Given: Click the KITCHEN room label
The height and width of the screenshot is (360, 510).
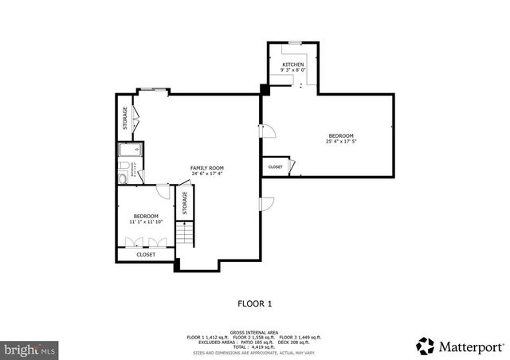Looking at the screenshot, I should pyautogui.click(x=292, y=64).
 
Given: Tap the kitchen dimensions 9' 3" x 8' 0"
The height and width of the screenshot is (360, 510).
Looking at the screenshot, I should pyautogui.click(x=292, y=70).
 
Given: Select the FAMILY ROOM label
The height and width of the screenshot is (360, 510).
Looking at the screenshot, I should pyautogui.click(x=206, y=167).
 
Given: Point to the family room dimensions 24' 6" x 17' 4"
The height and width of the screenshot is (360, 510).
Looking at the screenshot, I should pyautogui.click(x=206, y=174).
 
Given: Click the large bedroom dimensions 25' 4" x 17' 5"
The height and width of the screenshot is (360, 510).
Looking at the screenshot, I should pyautogui.click(x=340, y=142).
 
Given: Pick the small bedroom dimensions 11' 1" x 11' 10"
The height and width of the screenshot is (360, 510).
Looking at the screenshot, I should pyautogui.click(x=145, y=221).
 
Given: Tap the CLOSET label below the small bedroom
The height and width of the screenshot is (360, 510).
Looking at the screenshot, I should pyautogui.click(x=146, y=255).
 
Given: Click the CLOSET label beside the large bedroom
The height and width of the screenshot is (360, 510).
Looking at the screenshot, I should pyautogui.click(x=275, y=166).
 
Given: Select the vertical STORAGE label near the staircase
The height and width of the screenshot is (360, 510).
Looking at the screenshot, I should pyautogui.click(x=185, y=202).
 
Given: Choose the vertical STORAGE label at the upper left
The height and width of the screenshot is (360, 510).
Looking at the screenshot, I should pyautogui.click(x=125, y=119).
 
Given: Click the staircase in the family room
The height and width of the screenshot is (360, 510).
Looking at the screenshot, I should pyautogui.click(x=185, y=233).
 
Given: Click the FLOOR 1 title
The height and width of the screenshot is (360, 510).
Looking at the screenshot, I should pyautogui.click(x=255, y=303).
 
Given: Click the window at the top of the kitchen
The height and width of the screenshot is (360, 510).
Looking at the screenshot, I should pyautogui.click(x=294, y=41).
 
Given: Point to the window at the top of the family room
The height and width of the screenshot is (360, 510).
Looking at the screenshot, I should pyautogui.click(x=152, y=91).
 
